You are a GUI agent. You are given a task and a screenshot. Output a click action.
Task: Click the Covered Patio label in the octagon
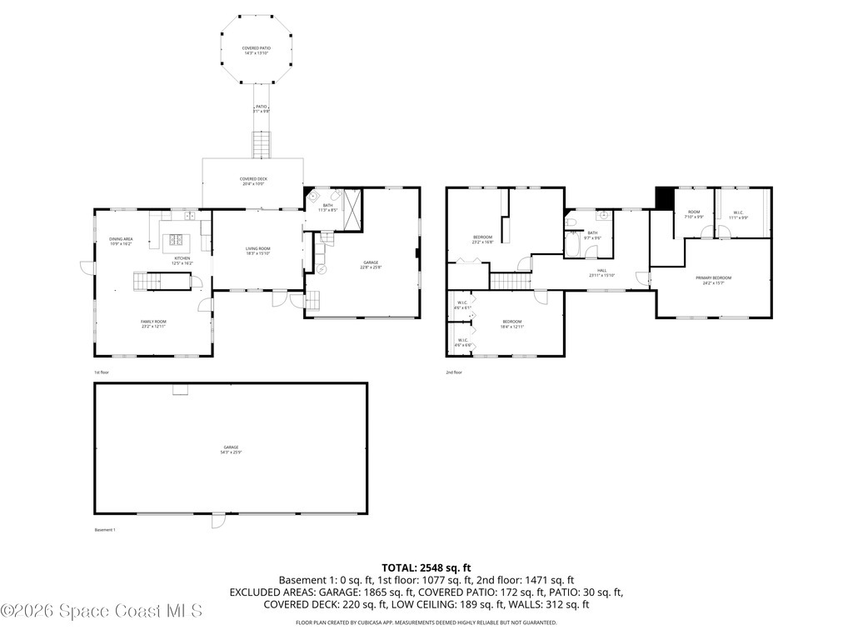pos(256,51)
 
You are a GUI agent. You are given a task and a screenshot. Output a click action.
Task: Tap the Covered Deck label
pos(253,181)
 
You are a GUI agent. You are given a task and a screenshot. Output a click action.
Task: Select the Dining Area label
pos(122,242)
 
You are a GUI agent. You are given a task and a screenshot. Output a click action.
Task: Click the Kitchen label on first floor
pos(182,260)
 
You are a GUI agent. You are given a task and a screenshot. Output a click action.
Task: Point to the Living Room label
pos(257,251)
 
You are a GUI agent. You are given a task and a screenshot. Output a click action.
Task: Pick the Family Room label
pos(153,323)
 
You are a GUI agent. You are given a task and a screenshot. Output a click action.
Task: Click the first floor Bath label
pos(327,207)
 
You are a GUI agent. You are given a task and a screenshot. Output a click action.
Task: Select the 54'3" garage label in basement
pos(230,450)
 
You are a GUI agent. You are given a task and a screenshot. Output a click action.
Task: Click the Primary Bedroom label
pos(714,279)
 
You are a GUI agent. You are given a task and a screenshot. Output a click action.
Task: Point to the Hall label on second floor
pos(601,272)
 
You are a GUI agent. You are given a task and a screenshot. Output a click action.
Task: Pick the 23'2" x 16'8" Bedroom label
pos(482,240)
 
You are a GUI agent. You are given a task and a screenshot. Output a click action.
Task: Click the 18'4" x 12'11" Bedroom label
pos(511,323)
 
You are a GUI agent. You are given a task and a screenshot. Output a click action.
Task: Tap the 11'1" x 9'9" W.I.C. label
pos(739,215)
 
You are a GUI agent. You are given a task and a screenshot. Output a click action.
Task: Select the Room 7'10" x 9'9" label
pos(694,215)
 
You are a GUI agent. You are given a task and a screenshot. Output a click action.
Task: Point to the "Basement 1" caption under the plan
pos(104,530)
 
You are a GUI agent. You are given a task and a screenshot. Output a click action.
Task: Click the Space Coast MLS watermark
pos(102,611)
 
